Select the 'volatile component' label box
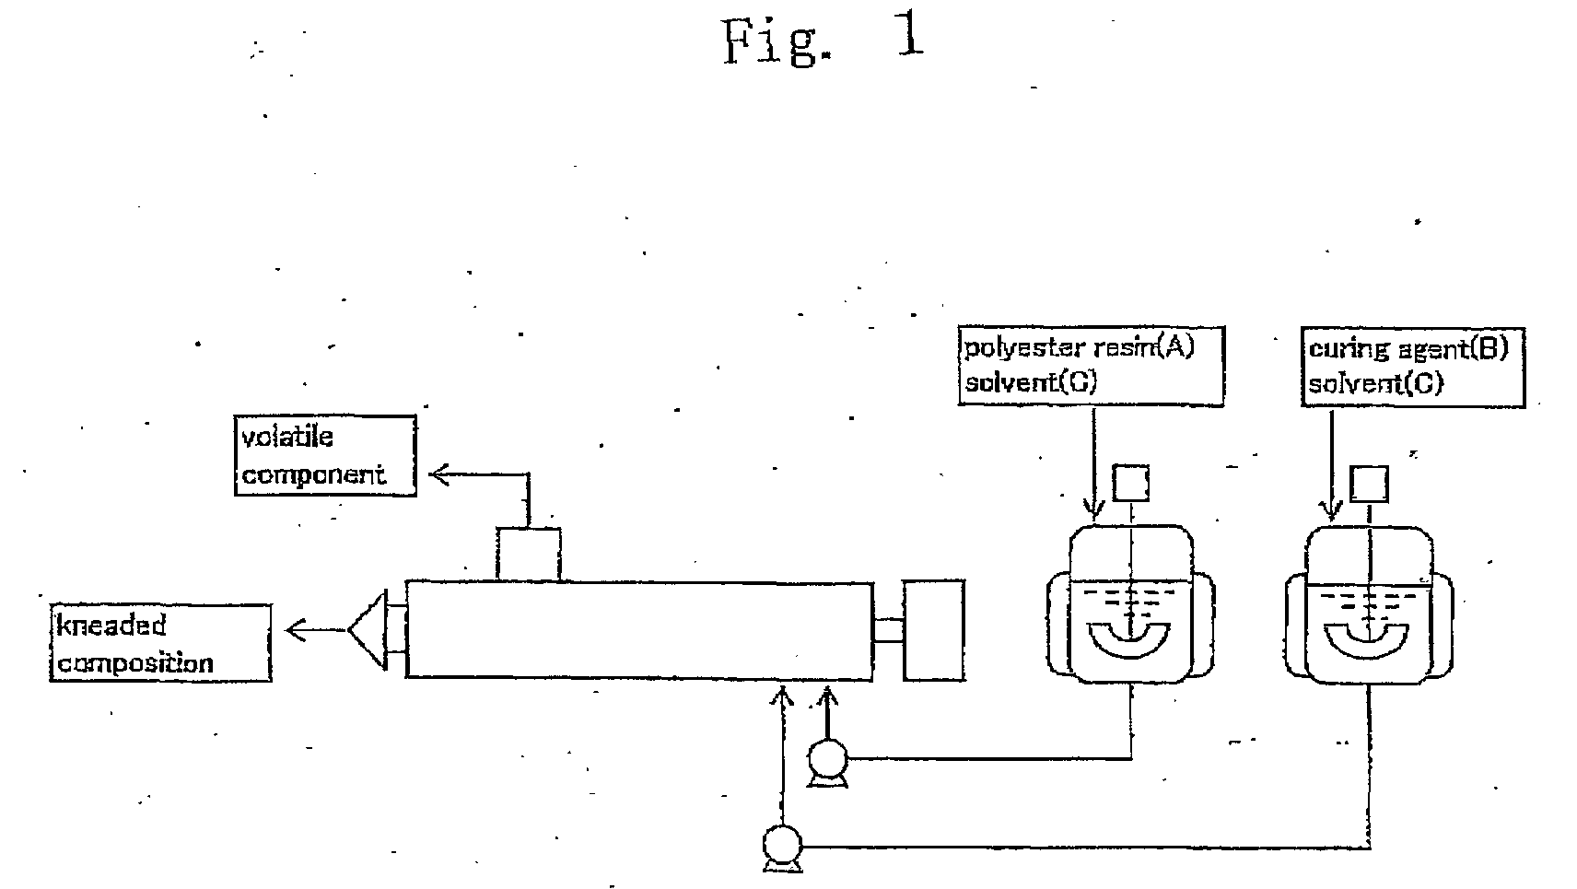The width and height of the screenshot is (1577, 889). [x=325, y=455]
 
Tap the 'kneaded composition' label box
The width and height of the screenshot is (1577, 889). [x=160, y=643]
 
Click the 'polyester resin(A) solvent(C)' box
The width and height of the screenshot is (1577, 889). [x=1092, y=366]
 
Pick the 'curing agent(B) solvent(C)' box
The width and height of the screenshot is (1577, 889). [x=1413, y=367]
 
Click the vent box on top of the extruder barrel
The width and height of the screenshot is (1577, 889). [x=529, y=554]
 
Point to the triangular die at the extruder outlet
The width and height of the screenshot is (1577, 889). [x=368, y=630]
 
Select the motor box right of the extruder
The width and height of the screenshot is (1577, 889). [x=934, y=630]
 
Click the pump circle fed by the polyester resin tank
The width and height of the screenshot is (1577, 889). [x=828, y=758]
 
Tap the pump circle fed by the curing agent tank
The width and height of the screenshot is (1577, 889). [x=782, y=844]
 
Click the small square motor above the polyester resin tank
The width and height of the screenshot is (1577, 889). [x=1130, y=483]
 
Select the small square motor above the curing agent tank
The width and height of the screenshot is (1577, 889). [x=1370, y=484]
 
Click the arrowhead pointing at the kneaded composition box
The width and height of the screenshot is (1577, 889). [x=297, y=630]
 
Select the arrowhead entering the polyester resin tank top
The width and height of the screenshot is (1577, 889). [x=1093, y=509]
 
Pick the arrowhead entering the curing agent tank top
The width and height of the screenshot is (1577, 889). [x=1330, y=509]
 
